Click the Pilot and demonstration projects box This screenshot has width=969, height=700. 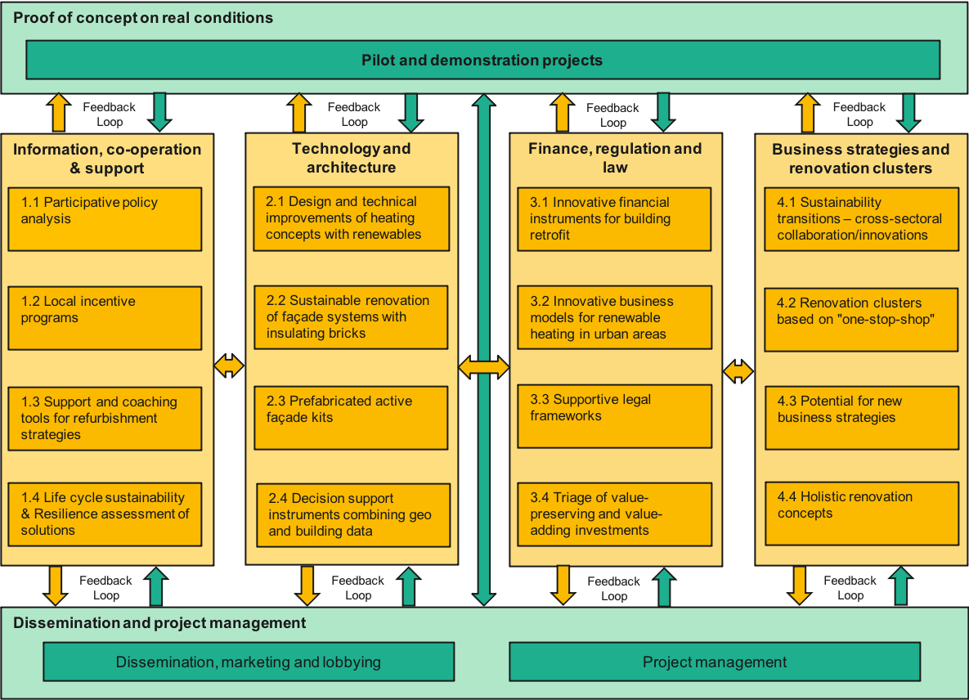pyautogui.click(x=482, y=60)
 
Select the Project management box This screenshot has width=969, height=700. pyautogui.click(x=715, y=662)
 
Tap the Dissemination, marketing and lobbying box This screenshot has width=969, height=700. pyautogui.click(x=249, y=662)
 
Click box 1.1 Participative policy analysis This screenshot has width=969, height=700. pyautogui.click(x=105, y=219)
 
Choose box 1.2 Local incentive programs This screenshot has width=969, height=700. pyautogui.click(x=105, y=318)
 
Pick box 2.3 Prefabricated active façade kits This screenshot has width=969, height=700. pyautogui.click(x=351, y=418)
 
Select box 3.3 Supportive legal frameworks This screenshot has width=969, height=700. pyautogui.click(x=615, y=416)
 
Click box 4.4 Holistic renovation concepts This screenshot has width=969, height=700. pyautogui.click(x=862, y=514)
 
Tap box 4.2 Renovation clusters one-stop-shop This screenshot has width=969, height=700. pyautogui.click(x=861, y=319)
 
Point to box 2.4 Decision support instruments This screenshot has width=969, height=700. pyautogui.click(x=353, y=515)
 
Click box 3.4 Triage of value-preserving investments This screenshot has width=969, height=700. pyautogui.click(x=615, y=514)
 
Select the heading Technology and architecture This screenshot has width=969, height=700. pyautogui.click(x=352, y=158)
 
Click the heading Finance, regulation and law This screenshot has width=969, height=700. pyautogui.click(x=615, y=158)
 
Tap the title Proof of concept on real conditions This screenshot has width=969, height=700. pyautogui.click(x=143, y=18)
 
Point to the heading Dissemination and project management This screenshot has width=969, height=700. pyautogui.click(x=159, y=623)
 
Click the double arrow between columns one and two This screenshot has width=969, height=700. pyautogui.click(x=229, y=366)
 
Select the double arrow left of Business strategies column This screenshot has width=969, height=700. pyautogui.click(x=738, y=372)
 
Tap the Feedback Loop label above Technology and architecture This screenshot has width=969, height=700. pyautogui.click(x=354, y=114)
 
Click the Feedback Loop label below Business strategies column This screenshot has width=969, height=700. pyautogui.click(x=850, y=588)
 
